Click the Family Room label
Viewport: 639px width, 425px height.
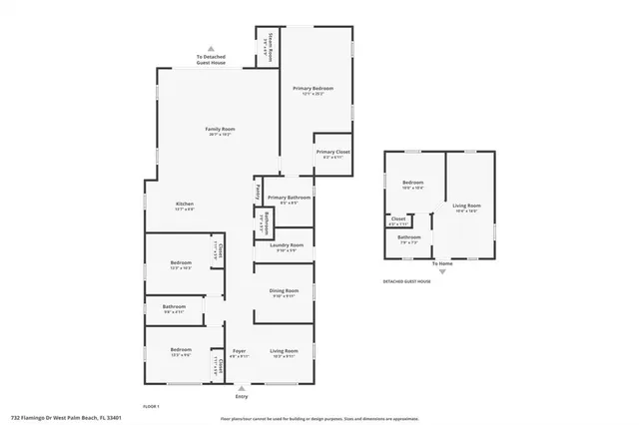(220, 130)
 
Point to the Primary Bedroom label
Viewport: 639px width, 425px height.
(313, 89)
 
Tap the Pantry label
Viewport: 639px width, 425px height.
(257, 190)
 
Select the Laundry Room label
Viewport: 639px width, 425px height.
(286, 245)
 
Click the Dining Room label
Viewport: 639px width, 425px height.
(284, 291)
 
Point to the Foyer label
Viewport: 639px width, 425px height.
(240, 351)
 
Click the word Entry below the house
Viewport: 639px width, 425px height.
(241, 396)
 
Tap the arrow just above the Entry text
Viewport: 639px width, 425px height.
(241, 388)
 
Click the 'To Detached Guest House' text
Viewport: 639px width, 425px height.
(211, 61)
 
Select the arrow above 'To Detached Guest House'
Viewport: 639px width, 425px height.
(211, 49)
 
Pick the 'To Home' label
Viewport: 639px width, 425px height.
(442, 263)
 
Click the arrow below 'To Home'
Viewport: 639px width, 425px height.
(442, 271)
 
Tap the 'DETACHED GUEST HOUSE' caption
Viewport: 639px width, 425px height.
(406, 281)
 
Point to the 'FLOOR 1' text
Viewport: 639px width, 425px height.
(151, 405)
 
